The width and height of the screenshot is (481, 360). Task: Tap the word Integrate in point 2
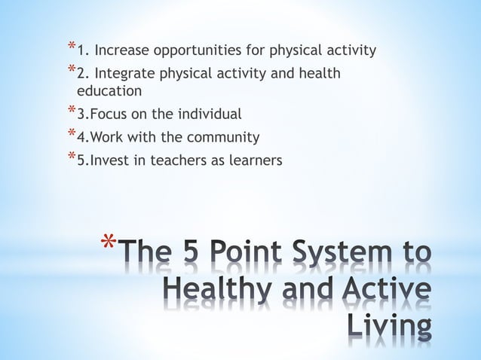[121, 73]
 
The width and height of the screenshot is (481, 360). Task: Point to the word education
[109, 91]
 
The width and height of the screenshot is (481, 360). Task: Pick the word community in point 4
[224, 137]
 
